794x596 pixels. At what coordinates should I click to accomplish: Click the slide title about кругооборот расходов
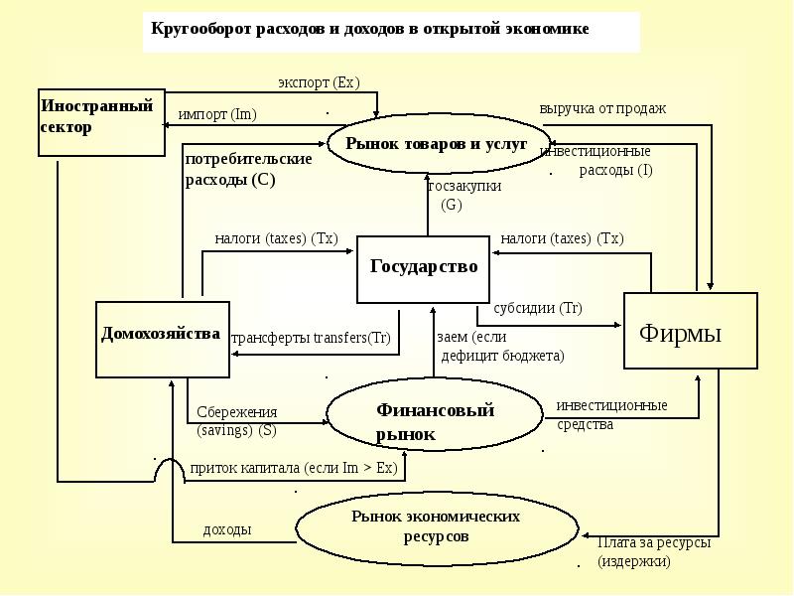tap(370, 29)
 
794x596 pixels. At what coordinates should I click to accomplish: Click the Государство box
tap(424, 268)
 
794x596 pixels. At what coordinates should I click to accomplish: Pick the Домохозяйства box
tap(163, 338)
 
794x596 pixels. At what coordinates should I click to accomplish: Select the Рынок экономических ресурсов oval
tap(436, 526)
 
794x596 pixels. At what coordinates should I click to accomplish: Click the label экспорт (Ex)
tap(319, 82)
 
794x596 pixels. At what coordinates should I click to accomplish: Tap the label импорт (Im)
tap(217, 114)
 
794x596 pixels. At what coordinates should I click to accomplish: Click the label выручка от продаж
tap(602, 108)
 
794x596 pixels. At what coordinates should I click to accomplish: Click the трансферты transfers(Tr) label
tap(312, 338)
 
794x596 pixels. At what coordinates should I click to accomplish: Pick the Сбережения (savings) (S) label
tap(236, 421)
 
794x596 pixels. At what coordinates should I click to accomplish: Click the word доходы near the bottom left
tap(226, 529)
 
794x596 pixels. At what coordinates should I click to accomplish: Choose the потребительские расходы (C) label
tap(248, 169)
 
